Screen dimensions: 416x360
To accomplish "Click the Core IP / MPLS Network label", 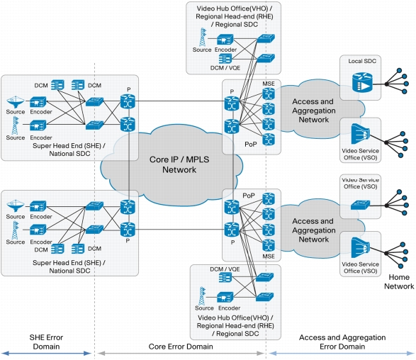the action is (x=179, y=164).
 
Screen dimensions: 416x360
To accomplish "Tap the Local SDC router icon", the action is (x=362, y=83).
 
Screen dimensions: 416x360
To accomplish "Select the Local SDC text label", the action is (x=362, y=61).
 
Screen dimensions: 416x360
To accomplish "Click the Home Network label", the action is (x=399, y=282).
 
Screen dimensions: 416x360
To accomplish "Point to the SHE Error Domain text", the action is (x=46, y=342).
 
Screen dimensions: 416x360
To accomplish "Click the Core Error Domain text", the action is (x=181, y=347).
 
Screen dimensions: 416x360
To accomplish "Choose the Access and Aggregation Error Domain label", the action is (x=342, y=342).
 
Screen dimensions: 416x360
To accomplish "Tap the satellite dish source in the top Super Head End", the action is (x=16, y=101).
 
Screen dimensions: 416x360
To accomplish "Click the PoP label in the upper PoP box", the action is (x=251, y=145).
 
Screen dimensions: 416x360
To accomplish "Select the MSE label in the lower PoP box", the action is (x=269, y=257).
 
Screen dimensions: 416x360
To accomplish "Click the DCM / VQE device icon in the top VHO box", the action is (x=225, y=59).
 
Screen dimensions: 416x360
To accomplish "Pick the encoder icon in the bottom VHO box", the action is (x=225, y=298).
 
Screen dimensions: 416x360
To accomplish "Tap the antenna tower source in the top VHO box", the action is (x=203, y=37).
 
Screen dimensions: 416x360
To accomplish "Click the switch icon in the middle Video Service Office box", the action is (x=360, y=205).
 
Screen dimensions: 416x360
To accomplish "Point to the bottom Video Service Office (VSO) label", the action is (x=360, y=267).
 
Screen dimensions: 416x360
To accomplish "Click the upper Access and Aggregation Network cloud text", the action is (x=313, y=111).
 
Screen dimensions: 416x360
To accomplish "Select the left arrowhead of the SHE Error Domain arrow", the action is (x=4, y=354).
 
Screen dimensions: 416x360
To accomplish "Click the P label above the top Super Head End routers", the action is (x=129, y=89).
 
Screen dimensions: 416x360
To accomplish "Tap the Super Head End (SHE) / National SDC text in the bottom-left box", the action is (x=69, y=266).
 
